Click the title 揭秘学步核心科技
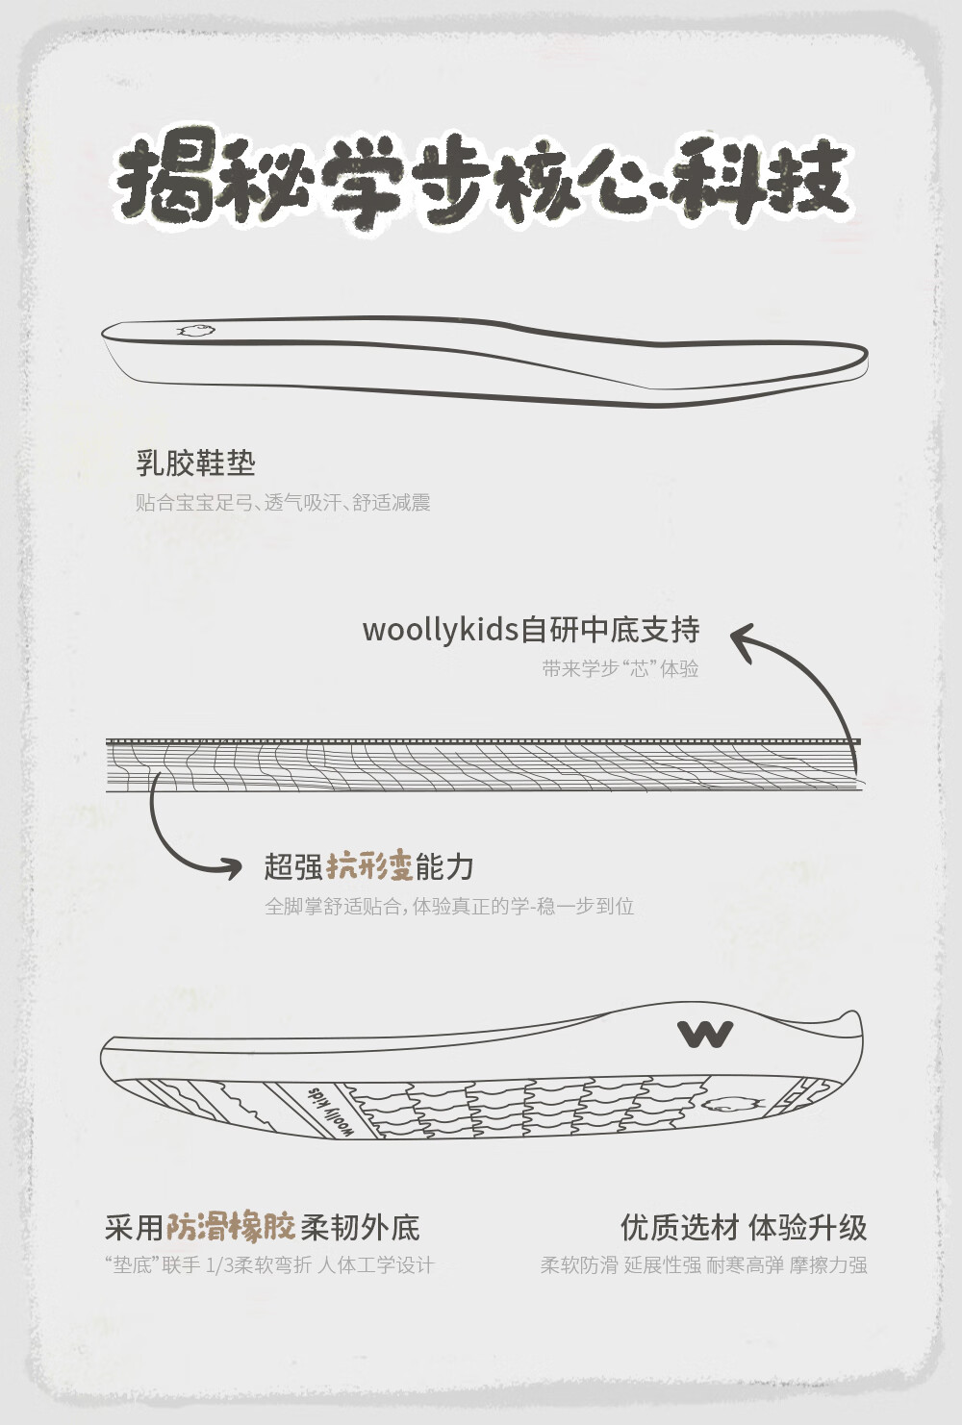tap(481, 183)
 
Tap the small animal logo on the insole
tap(196, 331)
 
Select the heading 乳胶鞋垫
tap(195, 463)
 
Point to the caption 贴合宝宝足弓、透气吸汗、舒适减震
tap(282, 502)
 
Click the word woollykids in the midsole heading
tap(440, 630)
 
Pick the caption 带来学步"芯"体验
tap(620, 668)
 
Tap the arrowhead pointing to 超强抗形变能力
tap(231, 868)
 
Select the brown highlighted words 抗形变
tap(369, 866)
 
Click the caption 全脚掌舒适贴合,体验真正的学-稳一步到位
tap(449, 906)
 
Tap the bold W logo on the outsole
tap(705, 1034)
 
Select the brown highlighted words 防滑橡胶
tap(230, 1227)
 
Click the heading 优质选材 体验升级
tap(743, 1227)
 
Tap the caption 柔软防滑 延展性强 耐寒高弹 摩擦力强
tap(703, 1265)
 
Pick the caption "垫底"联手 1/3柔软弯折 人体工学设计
tap(269, 1265)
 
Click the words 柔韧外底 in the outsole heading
tap(360, 1227)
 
